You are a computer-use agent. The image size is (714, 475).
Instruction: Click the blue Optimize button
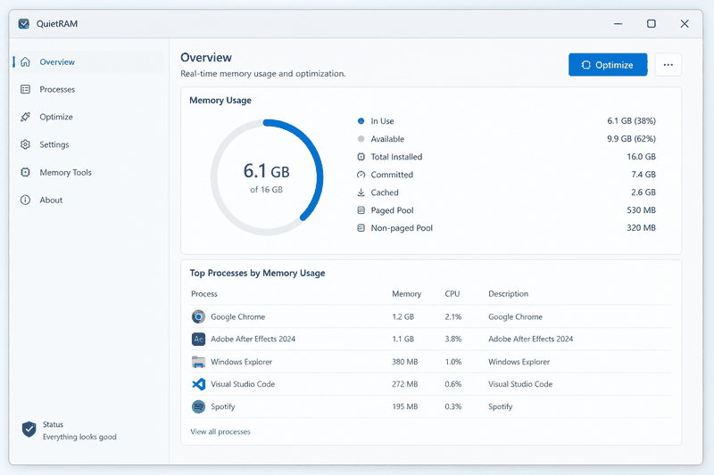coord(608,64)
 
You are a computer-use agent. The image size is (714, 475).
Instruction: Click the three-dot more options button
coord(668,64)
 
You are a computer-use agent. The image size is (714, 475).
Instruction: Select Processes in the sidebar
coord(57,89)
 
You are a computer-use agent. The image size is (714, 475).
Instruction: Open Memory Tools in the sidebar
coord(65,173)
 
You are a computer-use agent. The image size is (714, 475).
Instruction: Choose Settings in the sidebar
coord(54,145)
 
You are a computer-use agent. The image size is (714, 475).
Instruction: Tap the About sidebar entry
coord(51,200)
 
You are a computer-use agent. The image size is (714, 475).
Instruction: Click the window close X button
coord(685,24)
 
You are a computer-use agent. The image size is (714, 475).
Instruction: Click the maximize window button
coord(652,24)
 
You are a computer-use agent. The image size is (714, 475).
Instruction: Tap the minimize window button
coord(618,24)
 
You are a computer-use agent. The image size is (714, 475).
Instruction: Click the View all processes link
coord(220,432)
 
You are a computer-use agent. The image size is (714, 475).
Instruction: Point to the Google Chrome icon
coord(198,317)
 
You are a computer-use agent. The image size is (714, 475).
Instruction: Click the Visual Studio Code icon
coord(198,384)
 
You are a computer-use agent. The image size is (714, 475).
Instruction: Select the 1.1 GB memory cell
coord(403,339)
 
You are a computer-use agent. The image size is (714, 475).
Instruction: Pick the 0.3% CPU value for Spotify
coord(453,406)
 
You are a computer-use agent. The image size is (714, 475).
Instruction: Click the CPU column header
coord(452,294)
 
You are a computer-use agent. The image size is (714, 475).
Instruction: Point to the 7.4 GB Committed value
coord(643,175)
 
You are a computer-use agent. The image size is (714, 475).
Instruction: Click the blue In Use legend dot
coord(361,121)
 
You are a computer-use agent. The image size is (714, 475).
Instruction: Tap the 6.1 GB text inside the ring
coord(266,171)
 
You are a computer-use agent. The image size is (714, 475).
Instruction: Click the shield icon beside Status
coord(29,429)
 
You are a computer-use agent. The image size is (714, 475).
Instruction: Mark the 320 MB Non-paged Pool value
coord(641,228)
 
